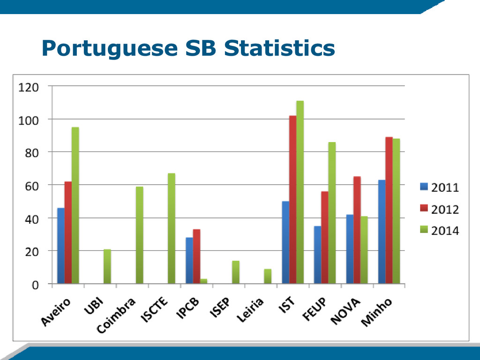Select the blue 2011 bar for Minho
tap(382, 232)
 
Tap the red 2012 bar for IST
tap(292, 200)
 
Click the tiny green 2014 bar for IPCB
tap(203, 281)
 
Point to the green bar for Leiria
tap(268, 276)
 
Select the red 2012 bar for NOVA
tap(357, 230)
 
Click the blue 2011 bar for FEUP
tap(318, 255)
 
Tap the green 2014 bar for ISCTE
tap(172, 228)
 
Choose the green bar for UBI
tap(107, 266)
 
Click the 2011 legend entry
tap(439, 187)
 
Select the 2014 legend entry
tap(439, 231)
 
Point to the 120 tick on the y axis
tap(29, 87)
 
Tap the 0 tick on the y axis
tap(35, 285)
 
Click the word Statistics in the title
tap(279, 48)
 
